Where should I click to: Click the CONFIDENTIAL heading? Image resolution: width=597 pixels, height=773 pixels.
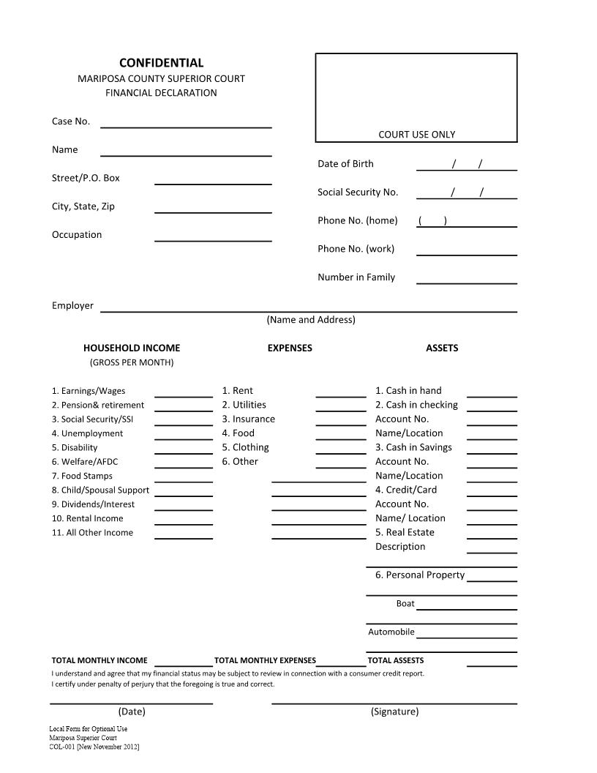point(161,63)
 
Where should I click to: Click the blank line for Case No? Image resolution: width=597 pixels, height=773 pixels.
point(186,122)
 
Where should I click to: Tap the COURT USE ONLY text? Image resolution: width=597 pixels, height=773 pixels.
point(416,134)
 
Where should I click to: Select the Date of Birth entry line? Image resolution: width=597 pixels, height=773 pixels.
point(466,165)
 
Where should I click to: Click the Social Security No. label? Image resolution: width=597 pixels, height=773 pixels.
point(358,193)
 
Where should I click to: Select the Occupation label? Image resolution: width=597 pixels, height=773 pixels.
point(77,235)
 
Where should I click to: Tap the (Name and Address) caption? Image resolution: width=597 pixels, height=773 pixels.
point(311,320)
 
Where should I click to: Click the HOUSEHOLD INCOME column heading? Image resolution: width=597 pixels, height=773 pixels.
point(132,348)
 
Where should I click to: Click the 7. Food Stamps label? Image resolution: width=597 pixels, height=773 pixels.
point(82,476)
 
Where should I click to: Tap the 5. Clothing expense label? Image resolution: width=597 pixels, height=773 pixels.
point(246,447)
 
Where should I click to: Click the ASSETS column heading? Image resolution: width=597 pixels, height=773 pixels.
point(442,348)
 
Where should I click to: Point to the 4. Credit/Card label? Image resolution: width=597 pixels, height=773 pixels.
point(406,490)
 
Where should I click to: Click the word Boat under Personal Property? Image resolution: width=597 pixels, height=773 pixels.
point(405,604)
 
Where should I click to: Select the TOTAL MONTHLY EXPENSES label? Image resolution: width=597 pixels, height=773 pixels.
point(265,660)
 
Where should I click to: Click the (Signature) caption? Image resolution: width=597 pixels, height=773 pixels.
point(394,712)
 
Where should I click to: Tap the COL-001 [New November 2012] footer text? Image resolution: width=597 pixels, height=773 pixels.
point(94,747)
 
